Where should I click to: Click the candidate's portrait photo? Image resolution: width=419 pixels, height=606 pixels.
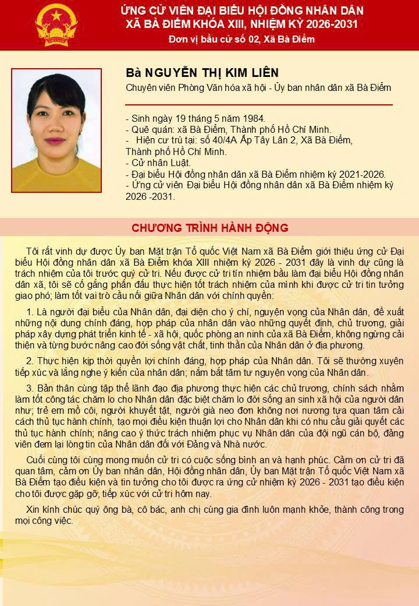click(x=56, y=131)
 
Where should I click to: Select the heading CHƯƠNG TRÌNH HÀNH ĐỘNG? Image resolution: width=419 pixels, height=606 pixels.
click(x=210, y=227)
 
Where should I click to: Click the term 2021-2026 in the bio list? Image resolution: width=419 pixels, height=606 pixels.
click(x=355, y=174)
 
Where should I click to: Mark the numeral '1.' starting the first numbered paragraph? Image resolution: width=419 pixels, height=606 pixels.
click(x=31, y=312)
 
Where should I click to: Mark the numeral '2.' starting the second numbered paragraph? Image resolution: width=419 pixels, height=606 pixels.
click(x=31, y=361)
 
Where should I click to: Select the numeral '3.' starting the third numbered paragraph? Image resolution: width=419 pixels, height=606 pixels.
click(x=31, y=388)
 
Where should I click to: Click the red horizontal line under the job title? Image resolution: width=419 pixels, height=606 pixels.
click(x=259, y=105)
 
